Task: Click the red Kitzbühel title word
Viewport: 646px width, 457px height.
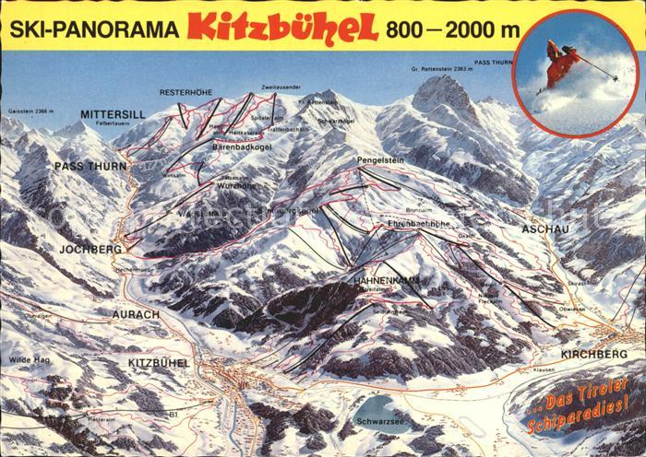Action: coord(283,28)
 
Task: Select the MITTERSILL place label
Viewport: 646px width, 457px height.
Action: coord(112,114)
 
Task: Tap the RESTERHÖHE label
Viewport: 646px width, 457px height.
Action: coord(186,92)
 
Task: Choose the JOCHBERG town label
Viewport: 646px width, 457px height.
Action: coord(90,250)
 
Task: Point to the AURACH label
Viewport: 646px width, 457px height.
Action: coord(136,314)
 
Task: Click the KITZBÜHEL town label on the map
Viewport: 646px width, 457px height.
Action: coord(159,363)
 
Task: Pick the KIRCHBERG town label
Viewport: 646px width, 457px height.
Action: coord(593,354)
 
